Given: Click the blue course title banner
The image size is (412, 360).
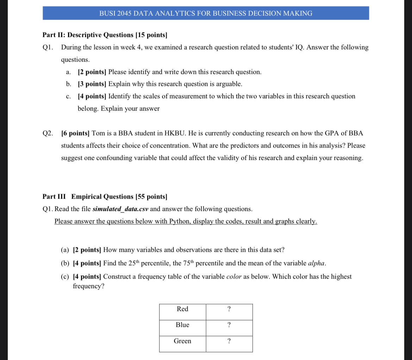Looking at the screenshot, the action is point(206,13).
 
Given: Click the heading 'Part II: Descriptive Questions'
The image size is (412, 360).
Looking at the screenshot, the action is point(105,35).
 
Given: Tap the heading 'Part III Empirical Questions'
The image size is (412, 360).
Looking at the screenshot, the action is point(105,197).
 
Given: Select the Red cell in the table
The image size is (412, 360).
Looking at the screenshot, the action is point(182,309).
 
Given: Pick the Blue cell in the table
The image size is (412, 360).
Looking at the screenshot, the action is point(182,325).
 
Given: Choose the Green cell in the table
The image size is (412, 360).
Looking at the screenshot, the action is point(182,341).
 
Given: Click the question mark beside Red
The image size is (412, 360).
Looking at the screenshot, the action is point(229,309).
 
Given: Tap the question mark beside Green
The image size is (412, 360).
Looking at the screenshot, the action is point(229,341).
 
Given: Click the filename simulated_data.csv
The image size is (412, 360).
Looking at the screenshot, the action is point(120,209).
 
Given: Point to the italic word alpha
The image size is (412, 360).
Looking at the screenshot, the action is point(317,263).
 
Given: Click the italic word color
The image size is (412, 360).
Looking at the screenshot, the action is point(233,277).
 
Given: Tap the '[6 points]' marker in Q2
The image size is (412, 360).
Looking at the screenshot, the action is point(75,134).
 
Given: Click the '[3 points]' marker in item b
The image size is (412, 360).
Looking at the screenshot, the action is point(92,84).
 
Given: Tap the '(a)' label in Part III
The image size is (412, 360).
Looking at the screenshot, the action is point(65,250).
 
